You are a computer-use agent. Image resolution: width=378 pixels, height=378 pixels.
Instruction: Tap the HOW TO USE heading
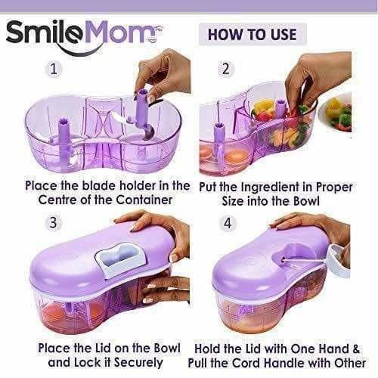253,34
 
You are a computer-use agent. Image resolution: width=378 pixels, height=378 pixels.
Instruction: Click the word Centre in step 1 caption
47,200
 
